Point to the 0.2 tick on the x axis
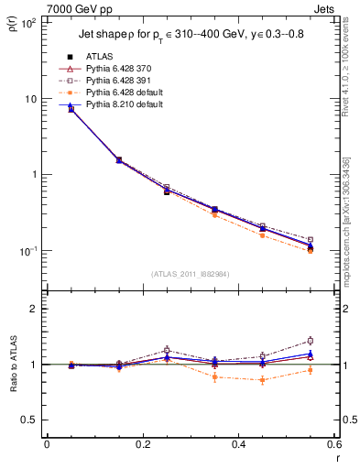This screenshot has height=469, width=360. pyautogui.click(x=142, y=444)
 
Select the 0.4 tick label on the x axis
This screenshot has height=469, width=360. pyautogui.click(x=237, y=444)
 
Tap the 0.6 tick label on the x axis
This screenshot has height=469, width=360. pyautogui.click(x=333, y=444)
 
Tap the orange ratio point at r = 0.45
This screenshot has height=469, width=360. pyautogui.click(x=262, y=379)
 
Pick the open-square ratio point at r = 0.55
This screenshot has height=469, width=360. pyautogui.click(x=310, y=341)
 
